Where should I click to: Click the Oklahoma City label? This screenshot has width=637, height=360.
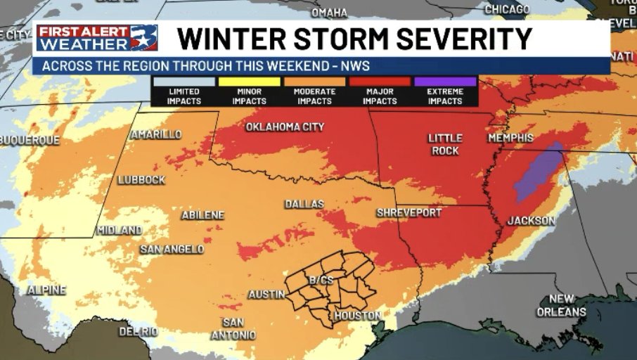click(x=285, y=127)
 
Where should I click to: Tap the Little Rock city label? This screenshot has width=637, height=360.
click(x=444, y=145)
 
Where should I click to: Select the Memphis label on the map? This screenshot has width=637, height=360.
click(x=510, y=138)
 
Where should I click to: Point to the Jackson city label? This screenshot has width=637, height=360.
click(x=532, y=221)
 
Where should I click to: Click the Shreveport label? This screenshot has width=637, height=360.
click(x=409, y=212)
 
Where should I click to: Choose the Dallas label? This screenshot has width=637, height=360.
click(x=304, y=204)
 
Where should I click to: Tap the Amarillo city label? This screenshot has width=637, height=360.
click(x=155, y=134)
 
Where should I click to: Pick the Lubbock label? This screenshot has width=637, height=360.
click(x=141, y=179)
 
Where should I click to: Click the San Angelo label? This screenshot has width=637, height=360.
click(x=172, y=249)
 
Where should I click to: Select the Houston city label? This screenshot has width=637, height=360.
click(x=357, y=316)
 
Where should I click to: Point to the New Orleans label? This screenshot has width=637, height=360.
click(x=562, y=305)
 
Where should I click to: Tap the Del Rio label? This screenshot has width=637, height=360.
click(x=139, y=331)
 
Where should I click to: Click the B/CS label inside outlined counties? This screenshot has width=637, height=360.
click(x=320, y=281)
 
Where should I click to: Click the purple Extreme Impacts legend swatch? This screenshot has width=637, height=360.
click(x=445, y=82)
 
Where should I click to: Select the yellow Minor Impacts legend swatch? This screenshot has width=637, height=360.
click(x=249, y=82)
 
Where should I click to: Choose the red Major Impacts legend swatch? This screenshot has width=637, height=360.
click(x=380, y=82)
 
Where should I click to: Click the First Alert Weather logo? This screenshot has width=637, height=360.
click(x=97, y=38)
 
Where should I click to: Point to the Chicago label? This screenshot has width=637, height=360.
click(x=507, y=9)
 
